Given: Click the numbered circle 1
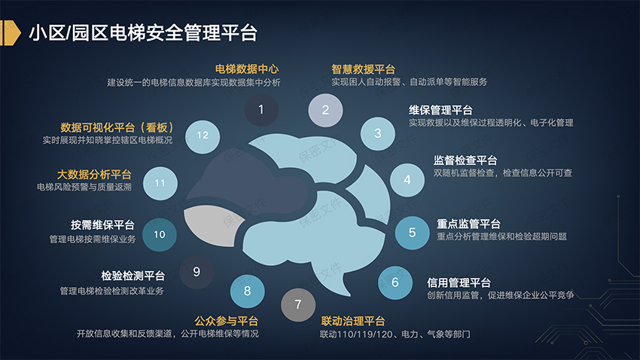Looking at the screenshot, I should pos(261,110).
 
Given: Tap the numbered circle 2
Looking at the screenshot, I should pos(325,110).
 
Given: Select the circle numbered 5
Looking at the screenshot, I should pos(412,233).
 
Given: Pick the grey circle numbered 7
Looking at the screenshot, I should pos(298,305).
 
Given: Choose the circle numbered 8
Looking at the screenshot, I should pos(248,289).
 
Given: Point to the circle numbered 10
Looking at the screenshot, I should pos(160,234).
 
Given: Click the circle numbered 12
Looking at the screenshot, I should pos(202,136).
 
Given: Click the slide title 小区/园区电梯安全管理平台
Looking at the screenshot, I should pos(142,32).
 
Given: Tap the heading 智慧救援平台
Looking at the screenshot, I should pos(364,68).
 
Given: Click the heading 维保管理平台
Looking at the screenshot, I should pos(440,109).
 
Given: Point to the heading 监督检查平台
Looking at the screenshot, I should pos(465,160).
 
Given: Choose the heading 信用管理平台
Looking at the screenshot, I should pos(459,282).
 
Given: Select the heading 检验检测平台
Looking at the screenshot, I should pos(133,276).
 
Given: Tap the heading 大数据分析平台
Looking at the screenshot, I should pos(94,173).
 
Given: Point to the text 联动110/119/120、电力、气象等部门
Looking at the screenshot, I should pos(395,334).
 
